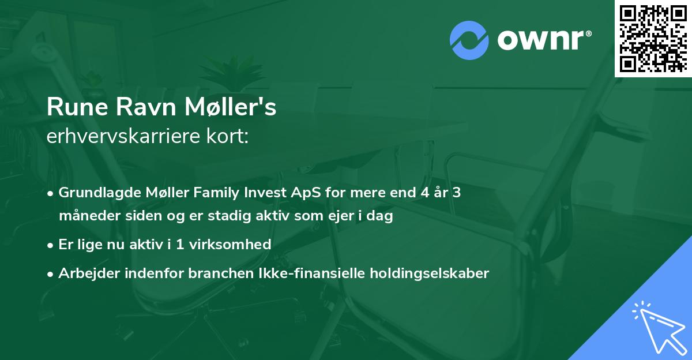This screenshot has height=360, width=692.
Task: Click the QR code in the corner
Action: click(653, 38)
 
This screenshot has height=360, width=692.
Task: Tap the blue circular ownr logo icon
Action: click(469, 40)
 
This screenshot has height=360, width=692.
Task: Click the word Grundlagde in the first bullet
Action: click(96, 193)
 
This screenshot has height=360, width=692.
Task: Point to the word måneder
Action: click(86, 216)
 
